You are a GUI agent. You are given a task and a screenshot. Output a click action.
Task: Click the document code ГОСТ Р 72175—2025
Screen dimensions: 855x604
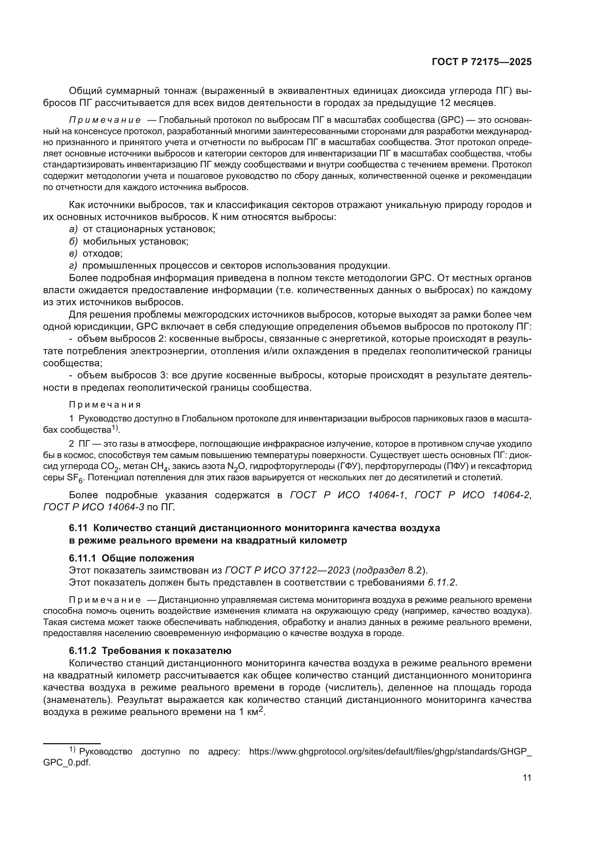[x=482, y=62]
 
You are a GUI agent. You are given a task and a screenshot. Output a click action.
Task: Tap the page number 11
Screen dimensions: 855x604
[x=527, y=778]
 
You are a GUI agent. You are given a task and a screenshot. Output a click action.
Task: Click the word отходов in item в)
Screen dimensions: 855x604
[x=102, y=254]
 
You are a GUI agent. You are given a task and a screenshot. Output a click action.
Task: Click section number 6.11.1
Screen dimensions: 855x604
[x=83, y=558]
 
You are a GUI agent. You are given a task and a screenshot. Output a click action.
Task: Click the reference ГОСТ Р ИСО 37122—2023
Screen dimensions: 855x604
[x=287, y=570]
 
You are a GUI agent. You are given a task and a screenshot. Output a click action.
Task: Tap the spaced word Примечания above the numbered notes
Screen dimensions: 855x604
[x=105, y=405]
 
